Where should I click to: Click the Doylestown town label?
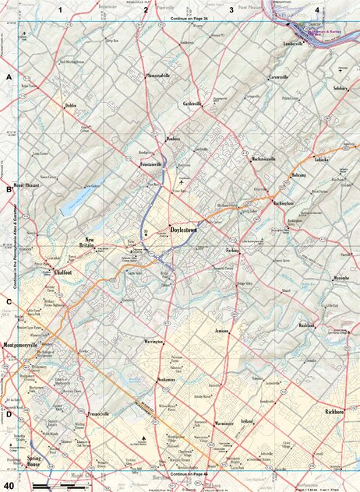[186, 230]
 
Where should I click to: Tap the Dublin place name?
[71, 104]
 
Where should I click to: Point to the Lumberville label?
[298, 44]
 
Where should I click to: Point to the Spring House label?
[36, 459]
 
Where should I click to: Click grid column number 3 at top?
[231, 9]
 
